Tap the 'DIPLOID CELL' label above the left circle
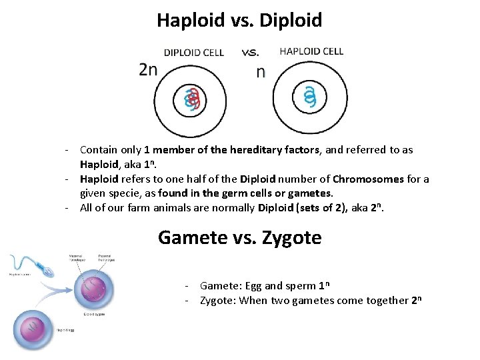[x=194, y=53]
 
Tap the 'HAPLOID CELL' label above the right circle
[x=311, y=51]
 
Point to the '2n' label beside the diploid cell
[x=148, y=70]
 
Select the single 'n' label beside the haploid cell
[x=261, y=72]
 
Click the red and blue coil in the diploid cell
[x=192, y=100]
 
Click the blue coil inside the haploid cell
[x=309, y=99]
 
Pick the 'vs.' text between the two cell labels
[x=251, y=52]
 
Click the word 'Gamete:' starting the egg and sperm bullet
[x=220, y=286]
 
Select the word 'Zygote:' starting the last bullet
[x=219, y=301]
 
